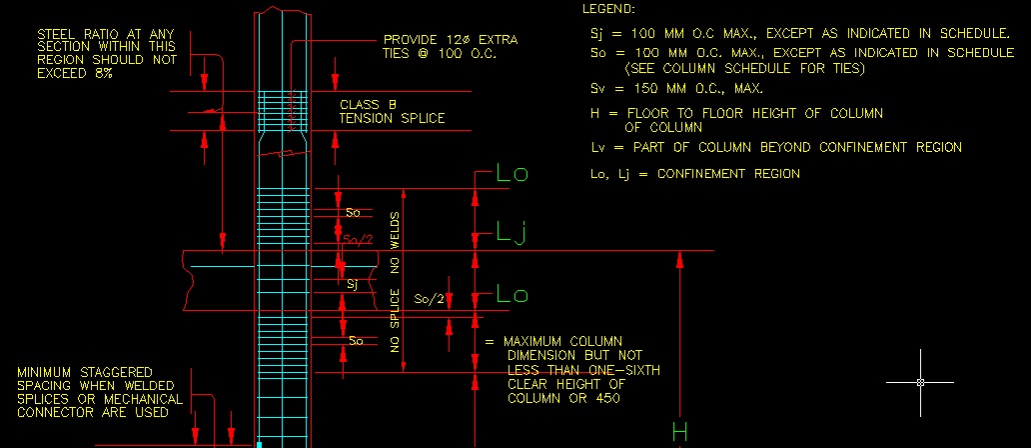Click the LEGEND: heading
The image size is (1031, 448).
607,9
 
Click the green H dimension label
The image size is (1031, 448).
680,432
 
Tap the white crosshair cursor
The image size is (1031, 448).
920,382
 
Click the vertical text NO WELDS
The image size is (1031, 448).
396,241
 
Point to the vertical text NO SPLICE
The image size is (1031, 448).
396,321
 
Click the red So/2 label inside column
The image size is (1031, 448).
357,241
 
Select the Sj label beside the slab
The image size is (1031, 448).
352,284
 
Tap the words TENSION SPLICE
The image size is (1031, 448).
392,119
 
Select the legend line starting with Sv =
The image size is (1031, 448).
676,89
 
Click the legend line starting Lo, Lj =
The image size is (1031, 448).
695,174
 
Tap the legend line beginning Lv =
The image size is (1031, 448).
776,147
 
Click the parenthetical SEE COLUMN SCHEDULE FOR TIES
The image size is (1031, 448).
743,69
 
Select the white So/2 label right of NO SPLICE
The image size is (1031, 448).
429,299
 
